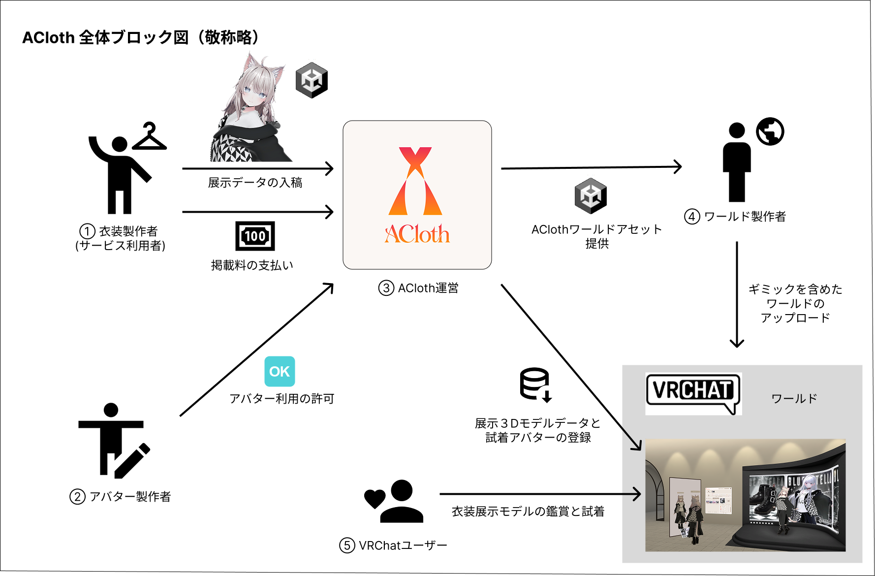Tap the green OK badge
[280, 372]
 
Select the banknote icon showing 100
[255, 236]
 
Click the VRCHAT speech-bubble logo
[692, 392]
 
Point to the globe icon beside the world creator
[770, 131]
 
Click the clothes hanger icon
[150, 137]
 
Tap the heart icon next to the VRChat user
[375, 498]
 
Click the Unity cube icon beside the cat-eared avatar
[312, 80]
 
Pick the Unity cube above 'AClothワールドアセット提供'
[591, 196]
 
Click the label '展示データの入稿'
[255, 183]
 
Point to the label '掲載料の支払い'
[252, 265]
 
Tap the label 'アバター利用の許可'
[281, 399]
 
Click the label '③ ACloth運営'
[418, 288]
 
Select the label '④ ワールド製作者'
[735, 217]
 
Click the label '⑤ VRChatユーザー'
[393, 545]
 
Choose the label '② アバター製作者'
[121, 497]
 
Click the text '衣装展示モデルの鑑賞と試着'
[528, 512]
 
